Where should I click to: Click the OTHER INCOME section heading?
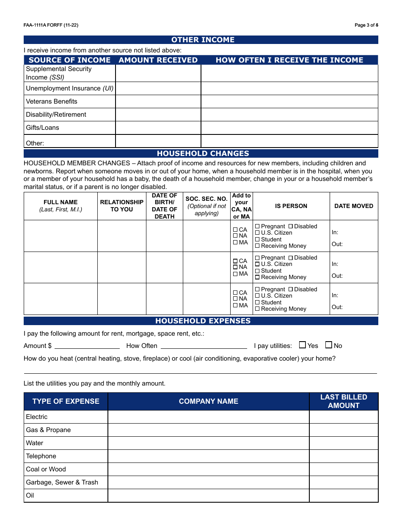(203, 40)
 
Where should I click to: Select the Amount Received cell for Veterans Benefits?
(158, 101)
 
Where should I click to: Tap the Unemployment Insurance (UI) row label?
(69, 88)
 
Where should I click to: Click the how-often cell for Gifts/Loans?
(289, 128)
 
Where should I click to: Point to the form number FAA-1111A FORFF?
(51, 25)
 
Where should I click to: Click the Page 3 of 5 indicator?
(366, 25)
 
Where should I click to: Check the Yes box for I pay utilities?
(302, 345)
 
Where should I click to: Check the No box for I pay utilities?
(328, 345)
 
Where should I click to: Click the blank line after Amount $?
(87, 345)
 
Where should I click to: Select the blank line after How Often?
(204, 345)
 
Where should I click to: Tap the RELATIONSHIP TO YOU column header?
(122, 206)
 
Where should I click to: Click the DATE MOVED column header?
(354, 206)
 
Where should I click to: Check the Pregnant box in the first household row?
(257, 227)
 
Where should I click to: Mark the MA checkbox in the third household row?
(235, 305)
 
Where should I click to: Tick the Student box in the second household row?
(257, 271)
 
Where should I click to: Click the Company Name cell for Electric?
(208, 417)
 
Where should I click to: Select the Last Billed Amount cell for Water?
(344, 443)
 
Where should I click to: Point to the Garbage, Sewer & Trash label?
(62, 482)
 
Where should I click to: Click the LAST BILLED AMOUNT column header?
(344, 401)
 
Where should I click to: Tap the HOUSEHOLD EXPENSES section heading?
(203, 321)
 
